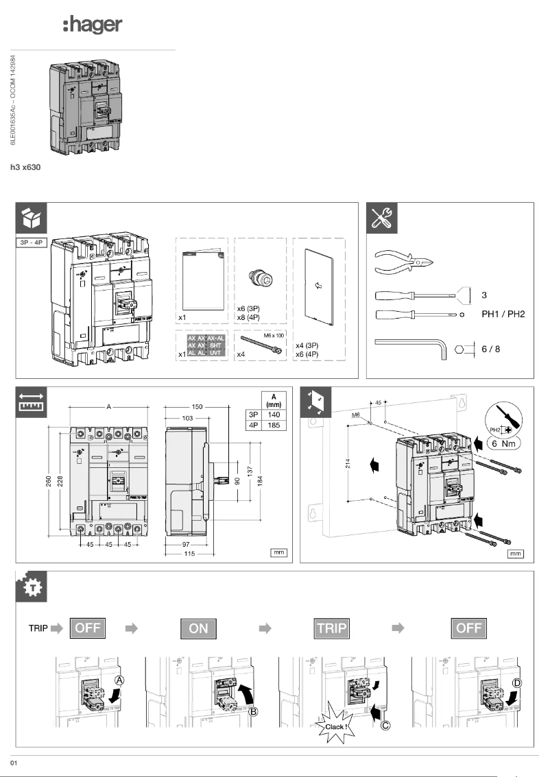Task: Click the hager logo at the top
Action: tap(92, 25)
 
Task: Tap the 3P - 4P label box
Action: tap(32, 243)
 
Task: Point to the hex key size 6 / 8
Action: tap(490, 349)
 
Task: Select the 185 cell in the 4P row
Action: tap(274, 425)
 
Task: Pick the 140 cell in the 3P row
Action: tap(274, 414)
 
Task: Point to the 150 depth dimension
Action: tap(198, 407)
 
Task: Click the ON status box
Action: tap(198, 628)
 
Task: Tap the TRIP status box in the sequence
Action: tap(332, 628)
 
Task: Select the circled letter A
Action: tap(119, 680)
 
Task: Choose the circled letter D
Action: tap(517, 682)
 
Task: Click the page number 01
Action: tap(13, 762)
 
